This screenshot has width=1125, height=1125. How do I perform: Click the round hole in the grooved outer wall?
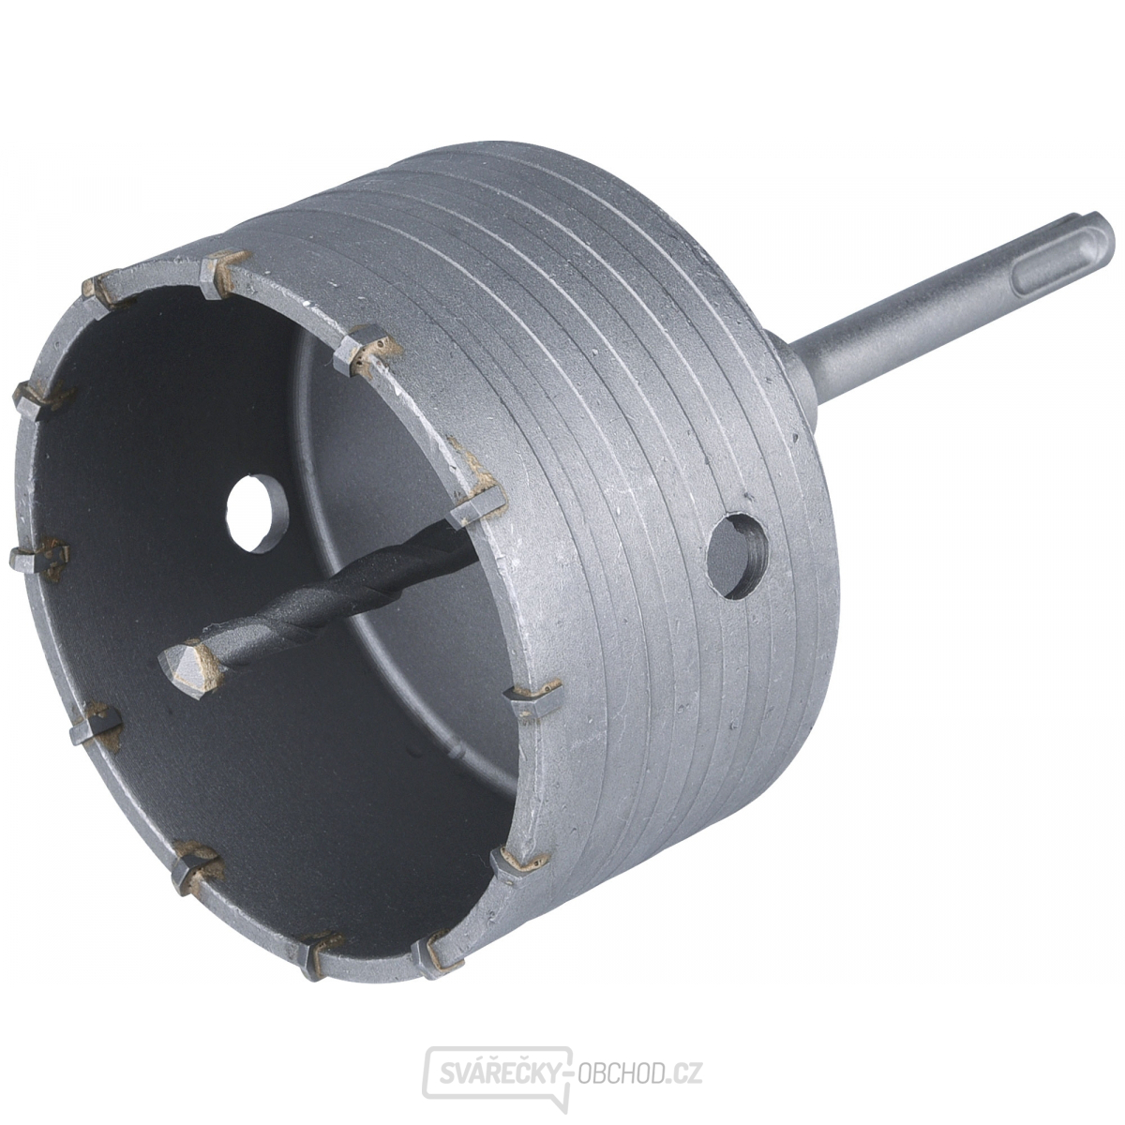click(x=738, y=556)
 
